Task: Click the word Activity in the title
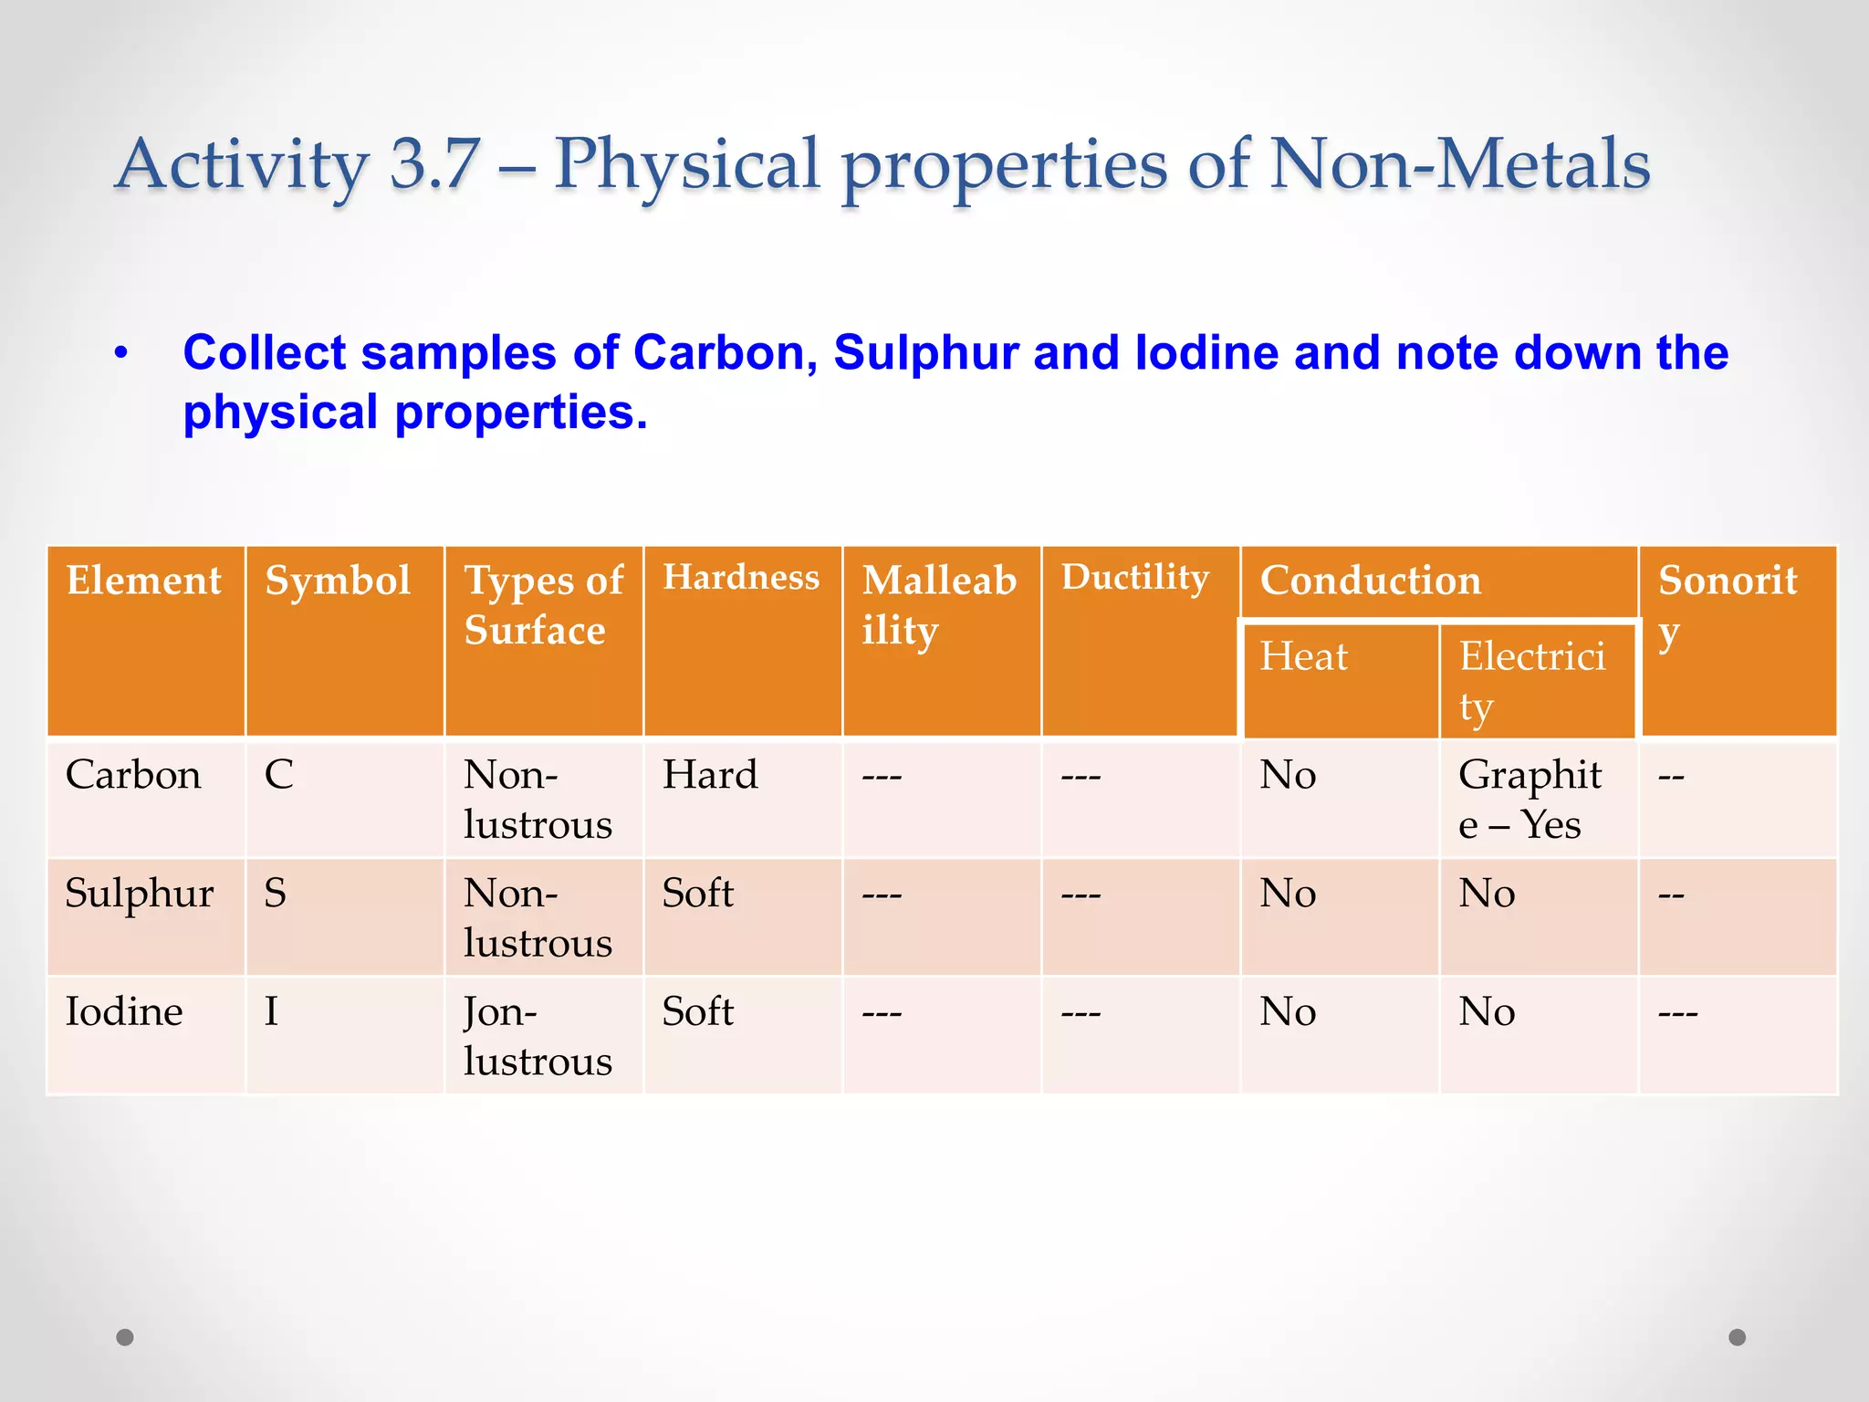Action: point(242,164)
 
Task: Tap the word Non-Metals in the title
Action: point(1459,164)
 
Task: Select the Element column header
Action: point(143,581)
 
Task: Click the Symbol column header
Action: point(338,581)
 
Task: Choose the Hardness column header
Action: point(740,578)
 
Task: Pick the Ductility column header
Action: point(1134,578)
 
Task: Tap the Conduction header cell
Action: point(1370,581)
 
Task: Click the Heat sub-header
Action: point(1303,656)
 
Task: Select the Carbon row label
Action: point(133,775)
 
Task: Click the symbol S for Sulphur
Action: point(275,893)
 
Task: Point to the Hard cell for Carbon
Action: point(710,775)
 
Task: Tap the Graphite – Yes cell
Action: point(1529,800)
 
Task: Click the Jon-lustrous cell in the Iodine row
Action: point(538,1036)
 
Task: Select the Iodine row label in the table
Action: point(124,1011)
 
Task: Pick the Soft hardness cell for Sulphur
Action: point(697,893)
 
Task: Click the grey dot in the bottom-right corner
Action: point(1738,1337)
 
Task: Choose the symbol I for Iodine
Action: point(271,1011)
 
